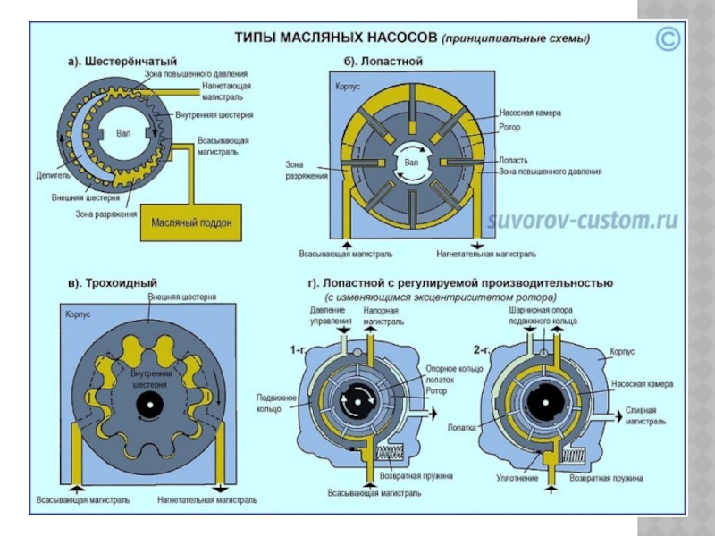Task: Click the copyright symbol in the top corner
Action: pos(667,39)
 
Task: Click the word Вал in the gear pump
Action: pos(123,134)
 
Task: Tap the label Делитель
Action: pos(54,177)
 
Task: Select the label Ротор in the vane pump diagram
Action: pos(510,127)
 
